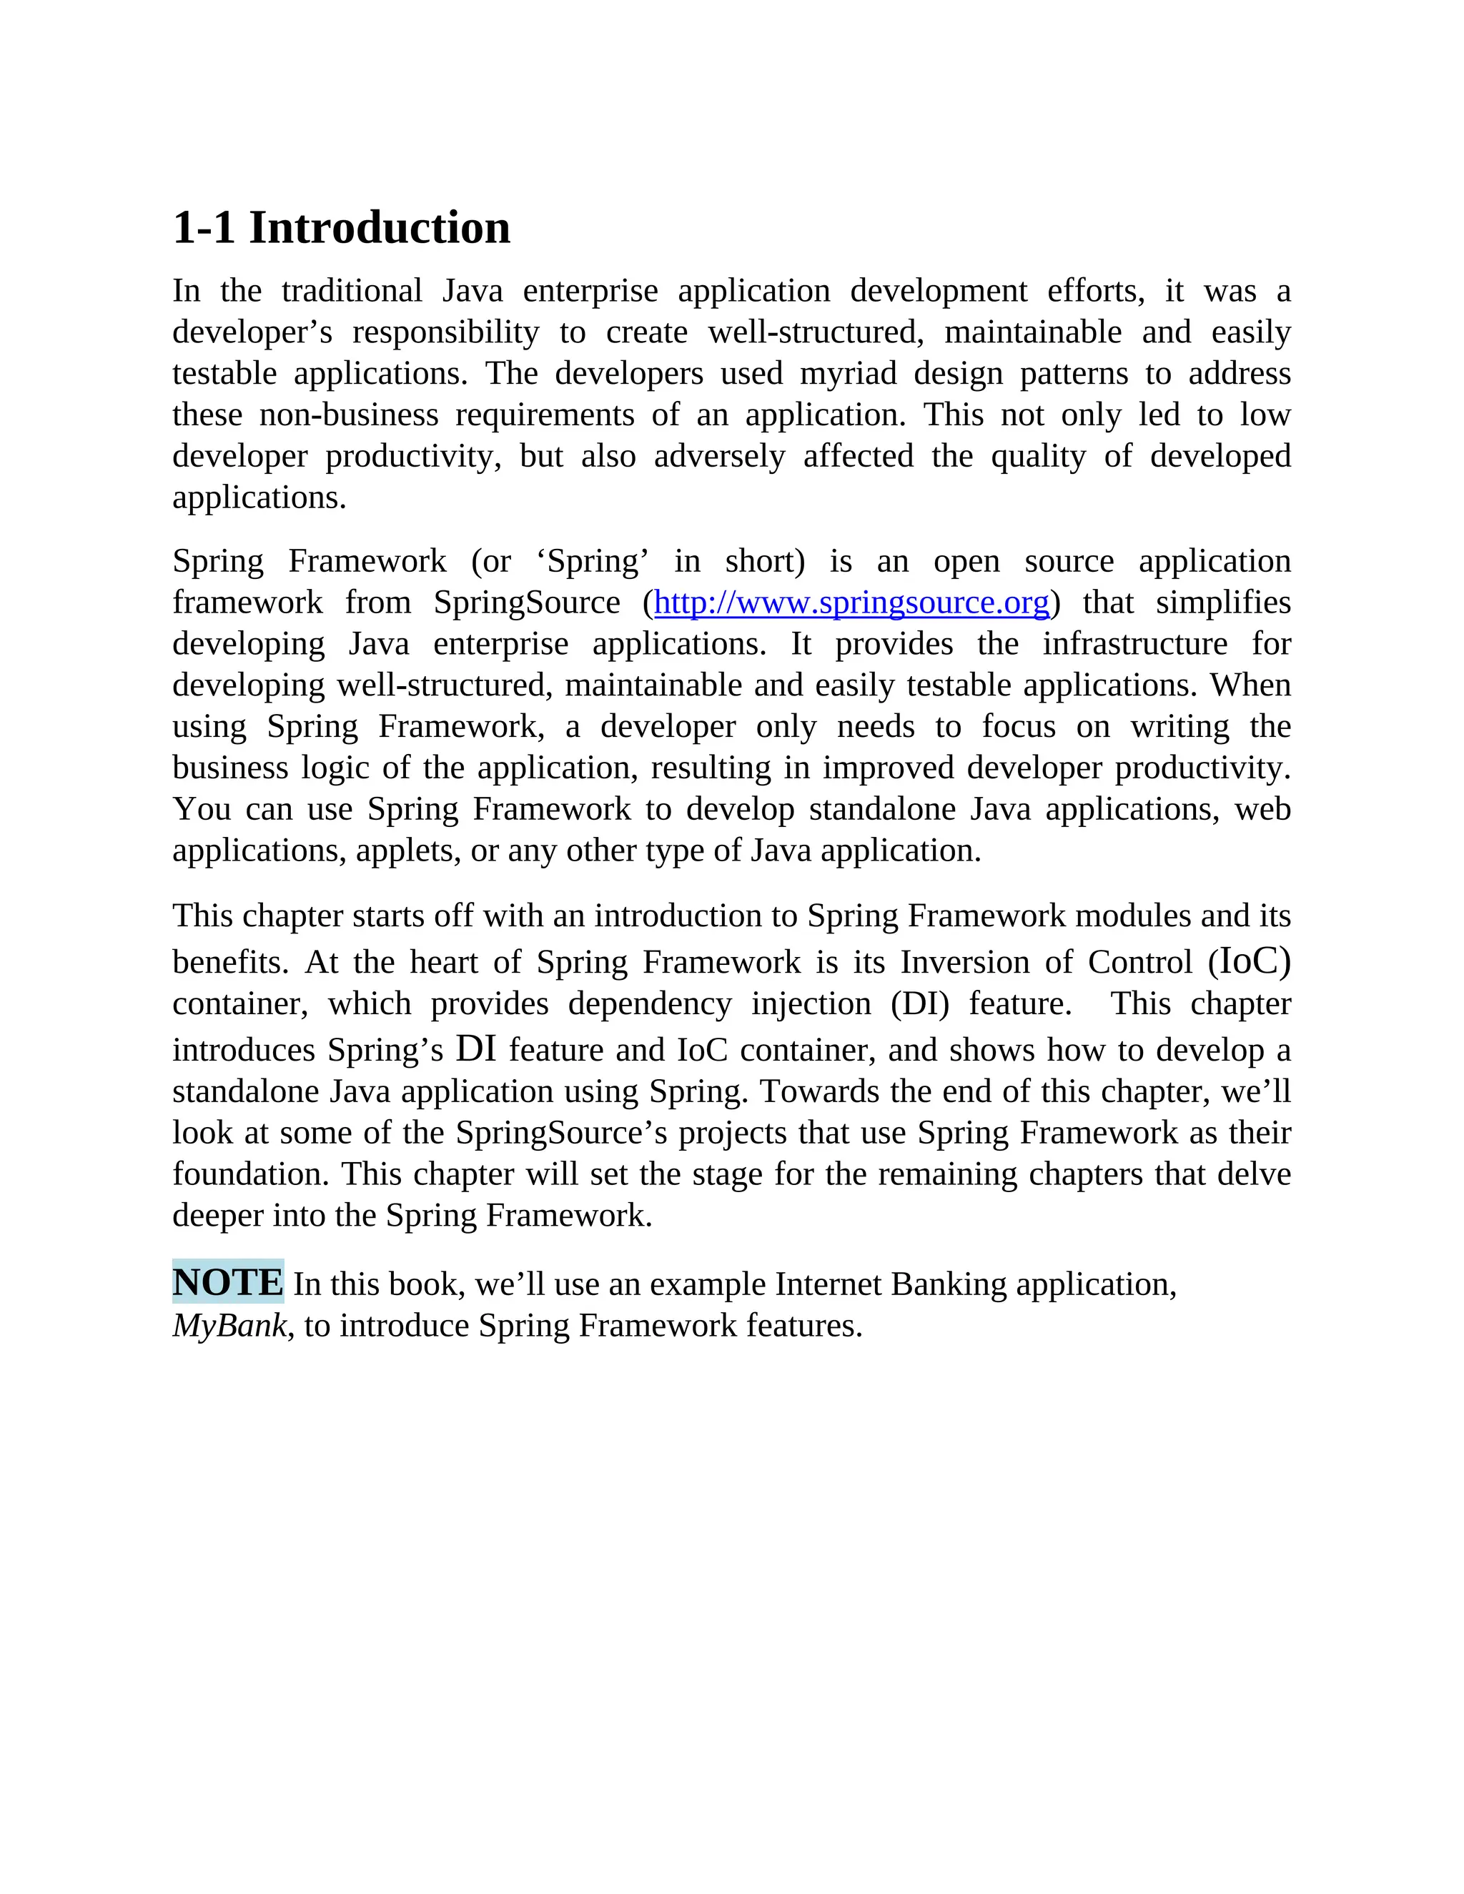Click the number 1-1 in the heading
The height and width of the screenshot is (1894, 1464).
pyautogui.click(x=204, y=228)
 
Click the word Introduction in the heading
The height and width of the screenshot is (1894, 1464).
pyautogui.click(x=380, y=228)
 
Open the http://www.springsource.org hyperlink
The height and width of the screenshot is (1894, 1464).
pyautogui.click(x=851, y=602)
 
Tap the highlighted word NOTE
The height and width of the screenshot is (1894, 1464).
pyautogui.click(x=228, y=1281)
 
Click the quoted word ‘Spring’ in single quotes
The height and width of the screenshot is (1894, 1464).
pyautogui.click(x=593, y=562)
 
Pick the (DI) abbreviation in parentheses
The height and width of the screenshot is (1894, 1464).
pyautogui.click(x=919, y=1004)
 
